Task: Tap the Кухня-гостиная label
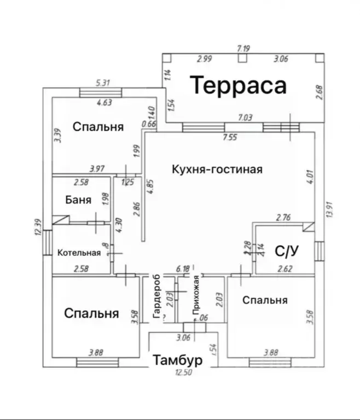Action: pos(216,169)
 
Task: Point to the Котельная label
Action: pos(79,252)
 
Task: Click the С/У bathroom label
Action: pos(286,251)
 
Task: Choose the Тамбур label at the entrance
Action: pos(178,360)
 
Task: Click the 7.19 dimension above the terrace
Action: pos(243,49)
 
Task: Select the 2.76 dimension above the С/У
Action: pos(283,218)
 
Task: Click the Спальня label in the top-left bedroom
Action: pos(98,126)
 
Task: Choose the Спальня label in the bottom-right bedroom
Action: pos(265,300)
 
